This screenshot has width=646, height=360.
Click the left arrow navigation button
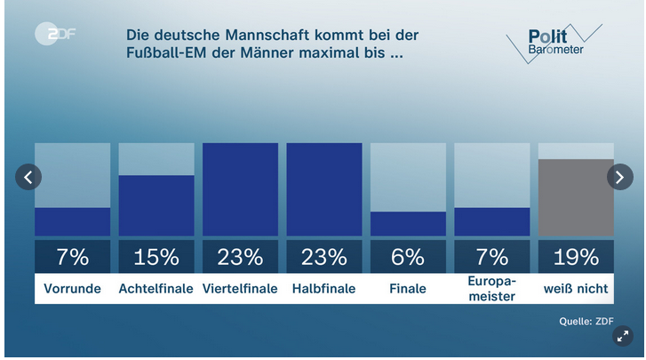[28, 177]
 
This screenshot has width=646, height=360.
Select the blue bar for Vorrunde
[72, 221]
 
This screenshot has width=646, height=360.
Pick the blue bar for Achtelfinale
[156, 204]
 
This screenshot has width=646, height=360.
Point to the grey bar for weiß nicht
[576, 197]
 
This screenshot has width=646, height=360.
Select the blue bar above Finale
[408, 223]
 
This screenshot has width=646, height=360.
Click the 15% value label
[156, 257]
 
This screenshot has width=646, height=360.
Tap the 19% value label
[576, 257]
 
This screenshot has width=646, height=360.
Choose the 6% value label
[408, 257]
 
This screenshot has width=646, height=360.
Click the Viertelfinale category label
[240, 289]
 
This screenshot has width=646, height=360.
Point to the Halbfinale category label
[323, 289]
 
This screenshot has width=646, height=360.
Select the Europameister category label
[491, 289]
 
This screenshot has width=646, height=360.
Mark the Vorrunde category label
[72, 289]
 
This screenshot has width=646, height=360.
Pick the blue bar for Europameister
[491, 221]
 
